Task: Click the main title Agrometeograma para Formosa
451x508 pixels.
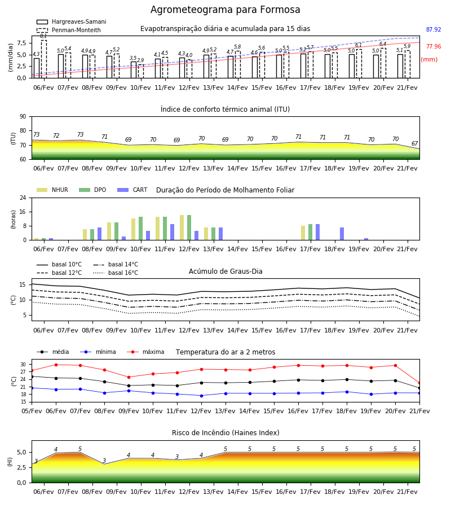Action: pos(225,10)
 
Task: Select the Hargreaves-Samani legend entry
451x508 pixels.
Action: pos(71,21)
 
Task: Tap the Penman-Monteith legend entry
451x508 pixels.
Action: pos(69,30)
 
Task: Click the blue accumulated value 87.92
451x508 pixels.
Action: pos(434,29)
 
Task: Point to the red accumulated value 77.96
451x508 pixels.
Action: pos(434,46)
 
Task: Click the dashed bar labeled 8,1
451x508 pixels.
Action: pos(43,59)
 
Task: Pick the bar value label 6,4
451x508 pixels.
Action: pos(383,43)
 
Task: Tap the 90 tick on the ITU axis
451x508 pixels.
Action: pos(23,117)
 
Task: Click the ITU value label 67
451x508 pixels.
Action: pos(414,143)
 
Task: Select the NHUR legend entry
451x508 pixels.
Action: pos(52,190)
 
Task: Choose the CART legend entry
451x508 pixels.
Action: pos(132,190)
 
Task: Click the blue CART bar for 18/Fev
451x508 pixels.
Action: pos(342,234)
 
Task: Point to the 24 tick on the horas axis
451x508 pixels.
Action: pos(23,198)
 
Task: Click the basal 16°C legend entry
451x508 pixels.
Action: pos(116,273)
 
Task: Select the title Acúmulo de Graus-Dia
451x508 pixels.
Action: pos(225,271)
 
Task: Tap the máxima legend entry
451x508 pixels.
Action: pos(145,352)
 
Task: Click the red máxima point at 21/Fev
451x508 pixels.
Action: pos(419,383)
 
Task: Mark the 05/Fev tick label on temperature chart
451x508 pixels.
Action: pos(32,411)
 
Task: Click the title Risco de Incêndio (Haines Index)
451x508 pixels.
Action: pos(225,433)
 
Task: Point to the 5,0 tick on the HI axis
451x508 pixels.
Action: pos(21,452)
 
